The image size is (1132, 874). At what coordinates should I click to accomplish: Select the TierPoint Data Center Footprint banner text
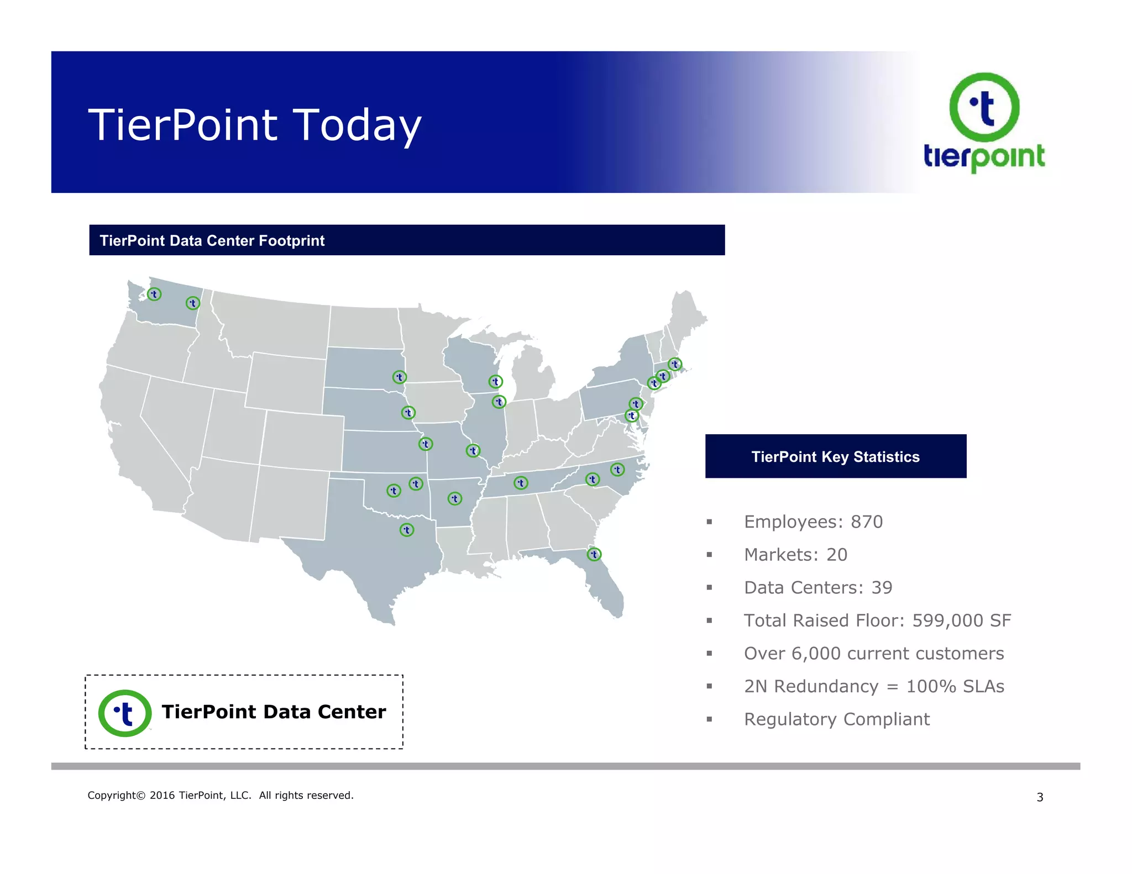coord(212,241)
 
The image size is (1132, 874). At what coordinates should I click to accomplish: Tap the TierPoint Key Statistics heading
coord(835,457)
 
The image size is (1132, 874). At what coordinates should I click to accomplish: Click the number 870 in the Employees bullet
coord(866,522)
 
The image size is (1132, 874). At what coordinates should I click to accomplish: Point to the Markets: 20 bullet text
coord(795,555)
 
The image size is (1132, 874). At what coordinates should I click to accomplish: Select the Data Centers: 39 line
coord(817,588)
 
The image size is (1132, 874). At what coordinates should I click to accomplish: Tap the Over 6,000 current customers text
coord(873,654)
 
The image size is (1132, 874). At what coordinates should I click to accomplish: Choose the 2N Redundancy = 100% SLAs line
coord(873,686)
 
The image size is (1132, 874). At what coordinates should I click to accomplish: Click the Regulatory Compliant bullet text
coord(836,719)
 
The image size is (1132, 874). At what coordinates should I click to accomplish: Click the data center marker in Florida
coord(594,554)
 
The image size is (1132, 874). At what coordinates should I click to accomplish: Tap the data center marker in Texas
coord(407,530)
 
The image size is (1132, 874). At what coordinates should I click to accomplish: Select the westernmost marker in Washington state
coord(154,294)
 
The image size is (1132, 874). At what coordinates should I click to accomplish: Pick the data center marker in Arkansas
coord(454,499)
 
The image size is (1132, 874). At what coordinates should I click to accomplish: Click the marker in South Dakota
coord(399,377)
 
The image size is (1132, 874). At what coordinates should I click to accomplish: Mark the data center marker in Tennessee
coord(521,483)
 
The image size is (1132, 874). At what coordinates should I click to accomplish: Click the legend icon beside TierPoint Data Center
coord(125,713)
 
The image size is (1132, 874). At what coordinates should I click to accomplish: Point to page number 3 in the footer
coord(1040,797)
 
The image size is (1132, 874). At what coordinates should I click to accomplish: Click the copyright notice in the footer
coord(220,796)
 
